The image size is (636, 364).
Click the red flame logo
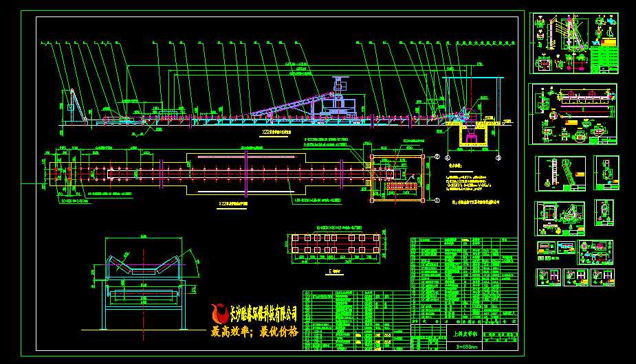coord(221,315)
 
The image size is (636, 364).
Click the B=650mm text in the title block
coord(467,348)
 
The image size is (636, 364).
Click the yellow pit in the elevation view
coord(472,137)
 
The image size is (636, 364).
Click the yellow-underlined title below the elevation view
coord(275,130)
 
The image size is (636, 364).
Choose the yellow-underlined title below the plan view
coord(238,204)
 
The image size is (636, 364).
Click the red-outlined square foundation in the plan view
coord(395,178)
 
